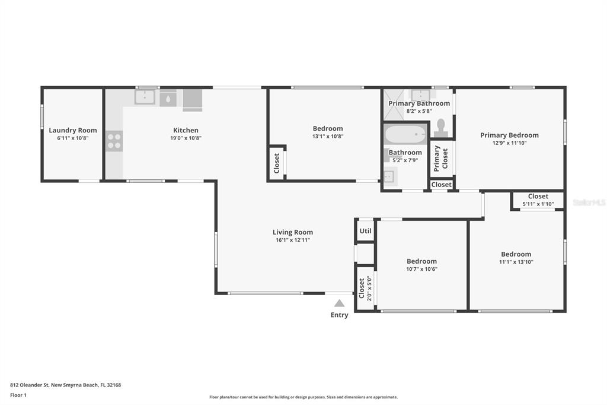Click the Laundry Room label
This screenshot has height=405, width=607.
point(73,130)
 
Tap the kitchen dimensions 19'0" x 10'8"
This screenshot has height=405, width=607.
point(186,138)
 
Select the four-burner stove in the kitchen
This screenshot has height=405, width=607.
point(114,141)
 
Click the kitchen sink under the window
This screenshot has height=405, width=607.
point(145,97)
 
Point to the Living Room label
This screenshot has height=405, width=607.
point(293,232)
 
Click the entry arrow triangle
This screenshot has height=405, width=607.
point(340,303)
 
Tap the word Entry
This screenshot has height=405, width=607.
point(340,315)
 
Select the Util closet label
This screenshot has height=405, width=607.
point(365,231)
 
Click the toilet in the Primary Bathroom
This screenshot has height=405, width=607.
point(441,128)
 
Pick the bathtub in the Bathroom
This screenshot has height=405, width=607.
point(405,134)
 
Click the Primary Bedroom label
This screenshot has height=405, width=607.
point(509,135)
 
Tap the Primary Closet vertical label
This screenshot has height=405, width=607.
point(441,159)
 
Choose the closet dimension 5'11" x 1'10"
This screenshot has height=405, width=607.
point(538,204)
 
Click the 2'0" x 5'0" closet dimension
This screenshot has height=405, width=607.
point(369,288)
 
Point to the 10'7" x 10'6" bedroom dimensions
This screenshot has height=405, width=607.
point(421,269)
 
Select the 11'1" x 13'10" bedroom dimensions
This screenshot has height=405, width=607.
point(516,262)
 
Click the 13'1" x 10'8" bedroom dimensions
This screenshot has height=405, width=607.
point(328,136)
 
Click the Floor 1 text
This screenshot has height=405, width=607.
point(18,395)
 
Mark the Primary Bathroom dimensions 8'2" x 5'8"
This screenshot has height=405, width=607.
point(419,111)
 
